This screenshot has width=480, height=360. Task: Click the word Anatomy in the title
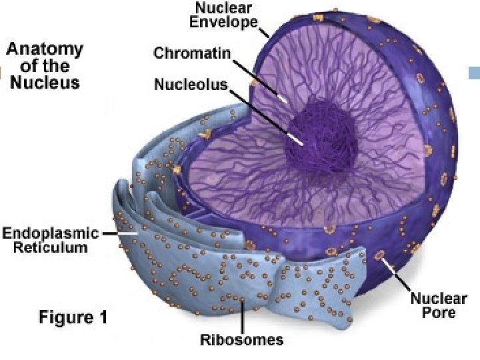pyautogui.click(x=45, y=49)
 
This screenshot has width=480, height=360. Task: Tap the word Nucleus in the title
pyautogui.click(x=45, y=83)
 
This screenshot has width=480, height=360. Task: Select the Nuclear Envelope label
pyautogui.click(x=223, y=15)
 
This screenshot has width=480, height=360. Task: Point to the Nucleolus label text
pyautogui.click(x=191, y=85)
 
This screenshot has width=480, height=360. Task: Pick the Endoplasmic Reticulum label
pyautogui.click(x=51, y=240)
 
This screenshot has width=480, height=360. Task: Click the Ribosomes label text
pyautogui.click(x=242, y=340)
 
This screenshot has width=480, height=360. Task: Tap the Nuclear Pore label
pyautogui.click(x=438, y=306)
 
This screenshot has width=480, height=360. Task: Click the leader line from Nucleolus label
pyautogui.click(x=267, y=116)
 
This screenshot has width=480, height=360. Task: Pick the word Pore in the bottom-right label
pyautogui.click(x=438, y=313)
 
